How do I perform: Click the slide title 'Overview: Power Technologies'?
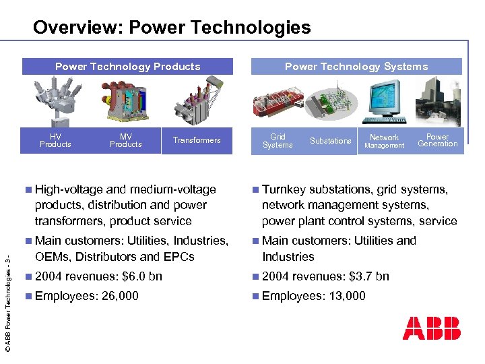[172, 28]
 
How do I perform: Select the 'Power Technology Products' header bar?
[128, 66]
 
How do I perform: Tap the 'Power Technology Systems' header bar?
[356, 66]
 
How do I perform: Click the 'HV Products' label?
[55, 140]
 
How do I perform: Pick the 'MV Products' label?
[125, 140]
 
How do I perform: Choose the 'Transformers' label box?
[197, 140]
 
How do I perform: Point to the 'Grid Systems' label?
[278, 141]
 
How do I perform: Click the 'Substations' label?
[330, 141]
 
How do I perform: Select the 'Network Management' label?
[384, 141]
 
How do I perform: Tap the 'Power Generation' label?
[437, 140]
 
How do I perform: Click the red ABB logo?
[431, 328]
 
